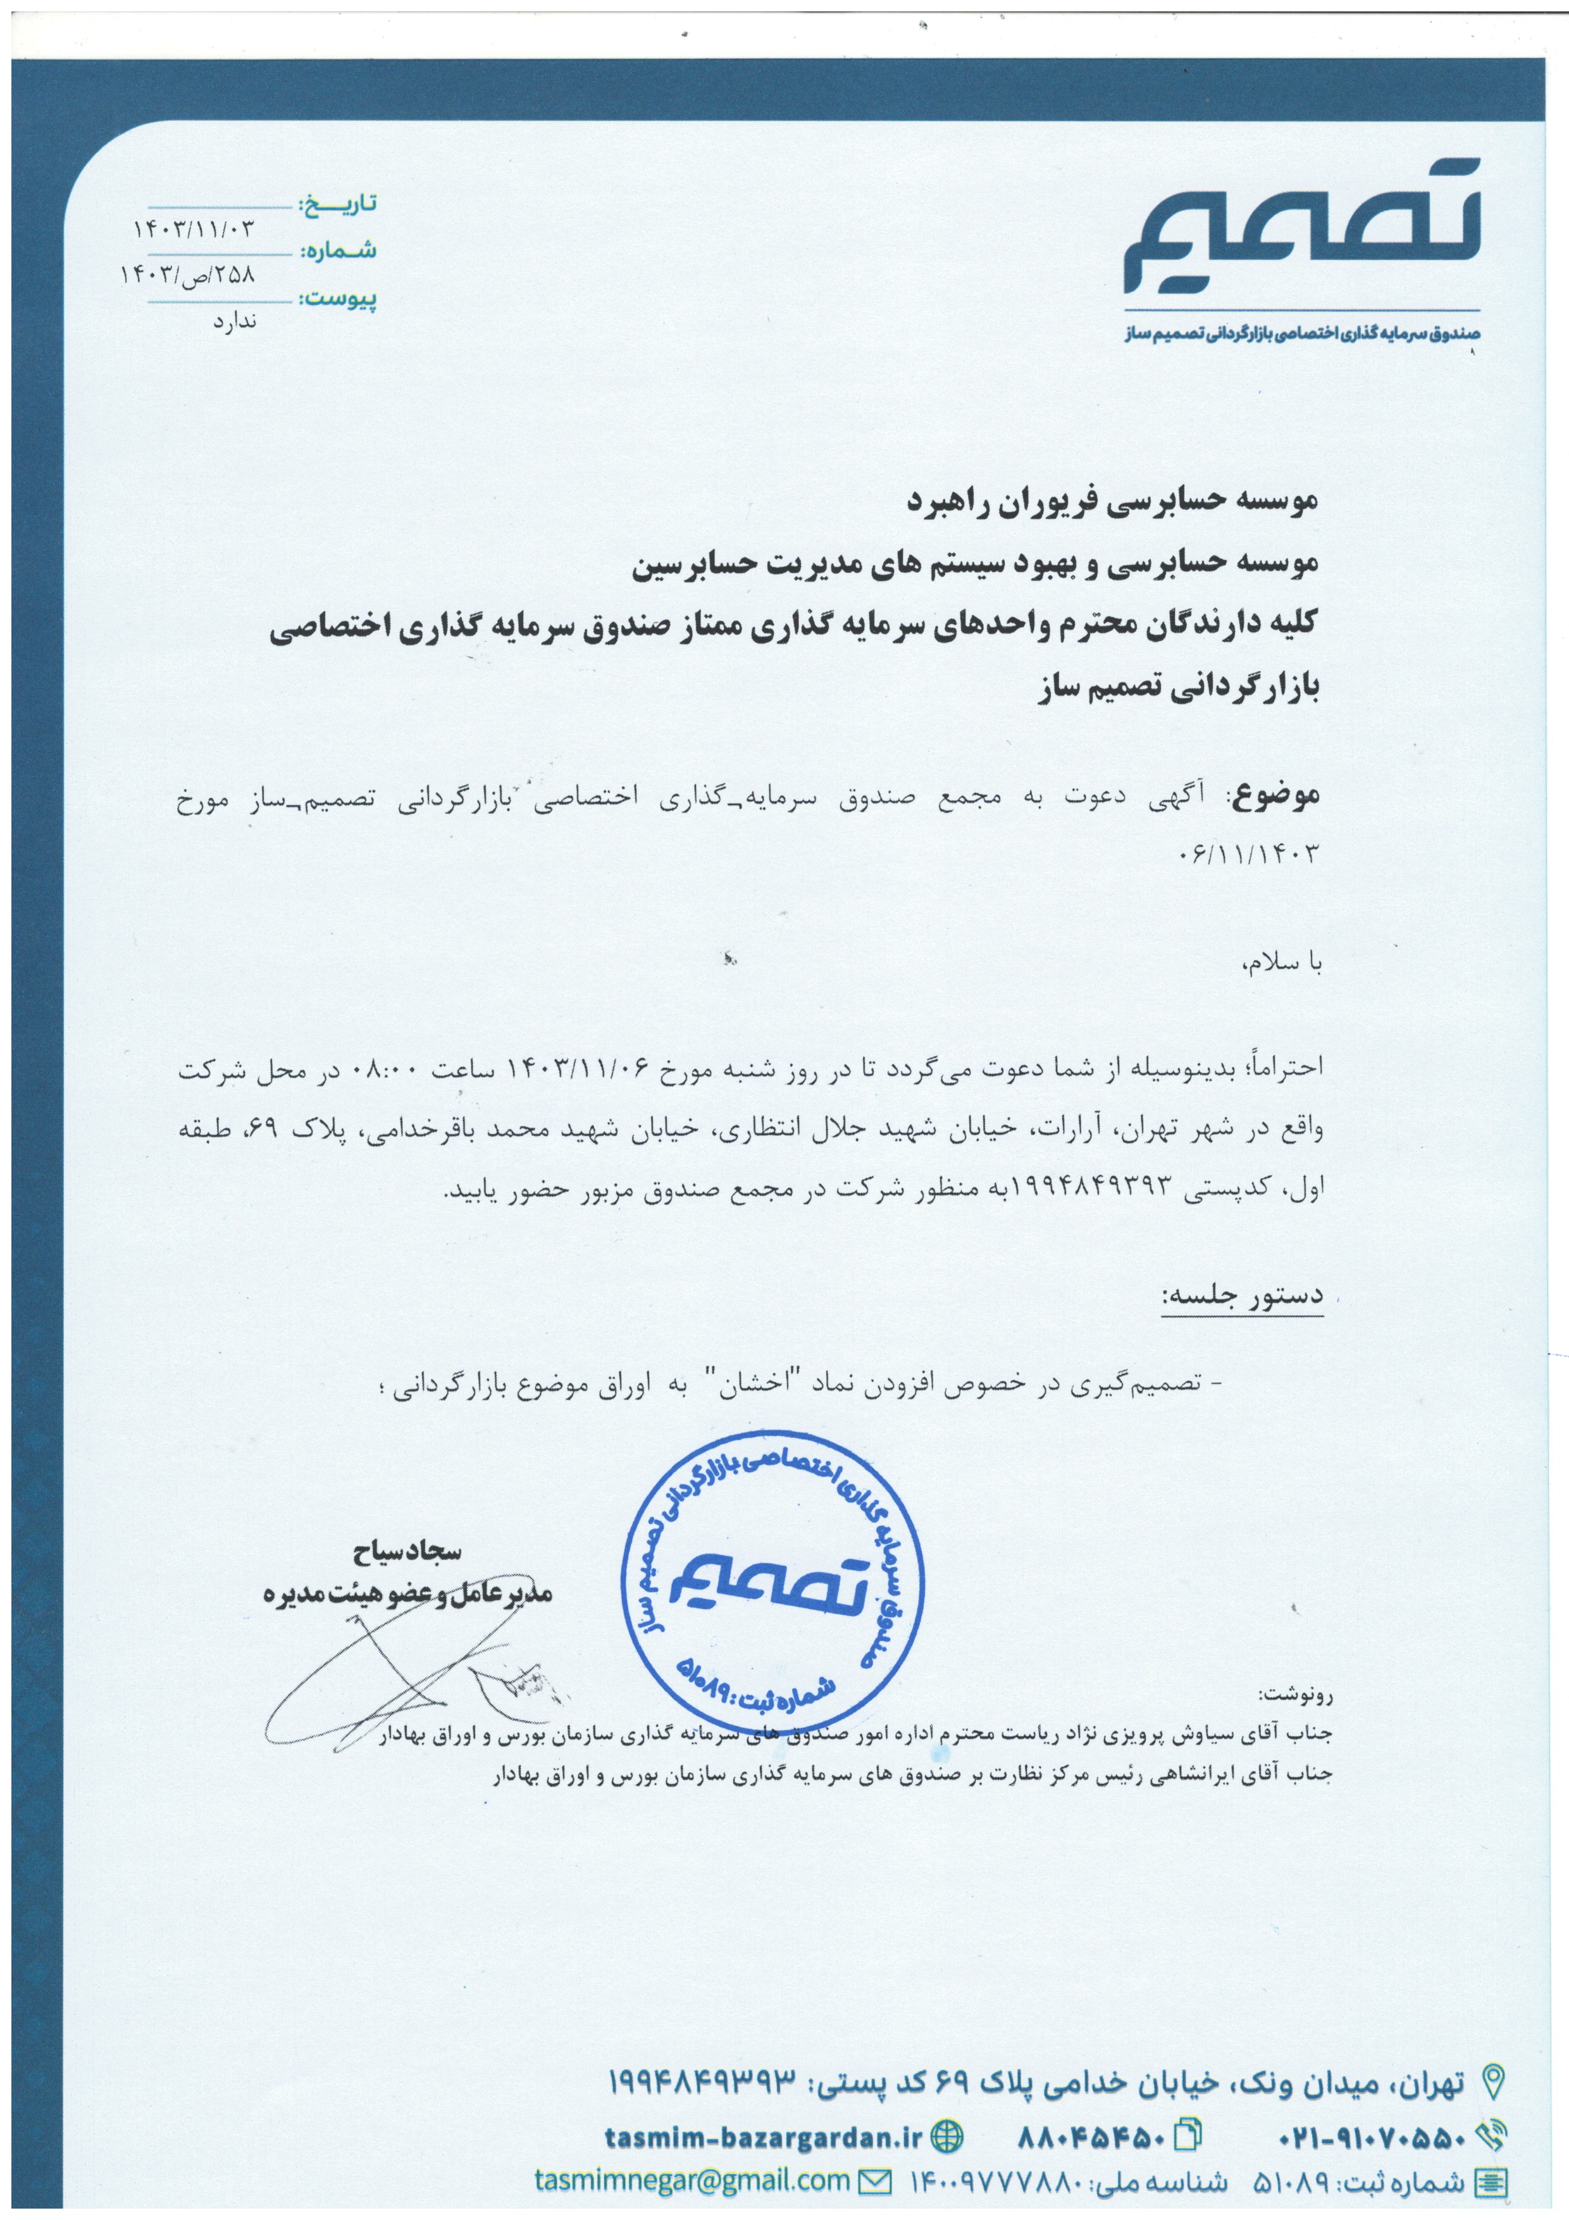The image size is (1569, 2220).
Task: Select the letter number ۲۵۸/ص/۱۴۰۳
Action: [x=189, y=275]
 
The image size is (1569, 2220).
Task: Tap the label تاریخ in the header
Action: [x=337, y=205]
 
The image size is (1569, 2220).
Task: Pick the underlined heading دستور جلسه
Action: [x=1243, y=1295]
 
